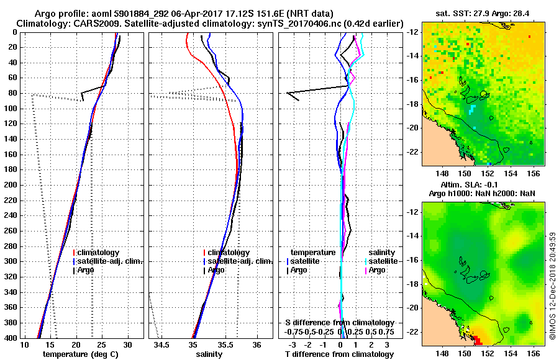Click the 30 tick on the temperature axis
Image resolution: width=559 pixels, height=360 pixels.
tap(127, 344)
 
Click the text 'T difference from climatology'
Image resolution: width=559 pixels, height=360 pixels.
tap(339, 354)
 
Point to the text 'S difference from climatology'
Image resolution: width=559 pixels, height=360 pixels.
tap(339, 323)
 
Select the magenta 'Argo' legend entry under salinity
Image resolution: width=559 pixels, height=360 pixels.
tap(377, 270)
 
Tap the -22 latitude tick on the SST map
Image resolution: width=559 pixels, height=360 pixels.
tap(412, 151)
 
